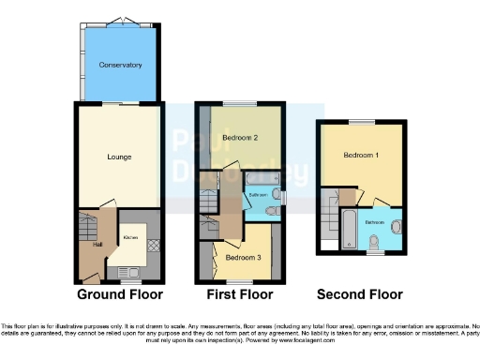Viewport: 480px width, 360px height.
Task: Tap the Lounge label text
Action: (x=119, y=156)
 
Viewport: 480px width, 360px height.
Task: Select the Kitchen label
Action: (x=130, y=238)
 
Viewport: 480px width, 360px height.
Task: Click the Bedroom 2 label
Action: (x=240, y=138)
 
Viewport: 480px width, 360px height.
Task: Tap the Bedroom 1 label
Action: (x=361, y=155)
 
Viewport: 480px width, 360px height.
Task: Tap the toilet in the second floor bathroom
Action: (x=373, y=244)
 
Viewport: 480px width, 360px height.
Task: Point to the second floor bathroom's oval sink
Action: (x=395, y=225)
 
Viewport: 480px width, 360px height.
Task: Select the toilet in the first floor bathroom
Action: (x=271, y=212)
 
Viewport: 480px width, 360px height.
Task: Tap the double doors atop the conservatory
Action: (x=119, y=20)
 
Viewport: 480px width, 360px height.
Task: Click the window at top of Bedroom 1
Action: (x=361, y=122)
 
